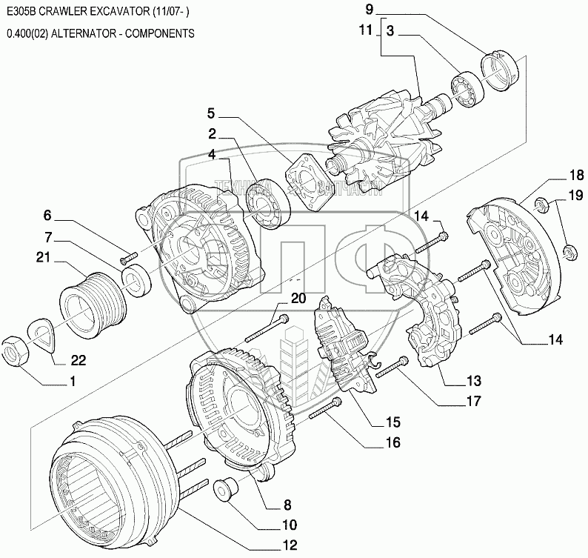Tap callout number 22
coord(78,361)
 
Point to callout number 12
coord(289,545)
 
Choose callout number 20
coord(298,299)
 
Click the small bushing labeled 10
coord(226,491)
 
